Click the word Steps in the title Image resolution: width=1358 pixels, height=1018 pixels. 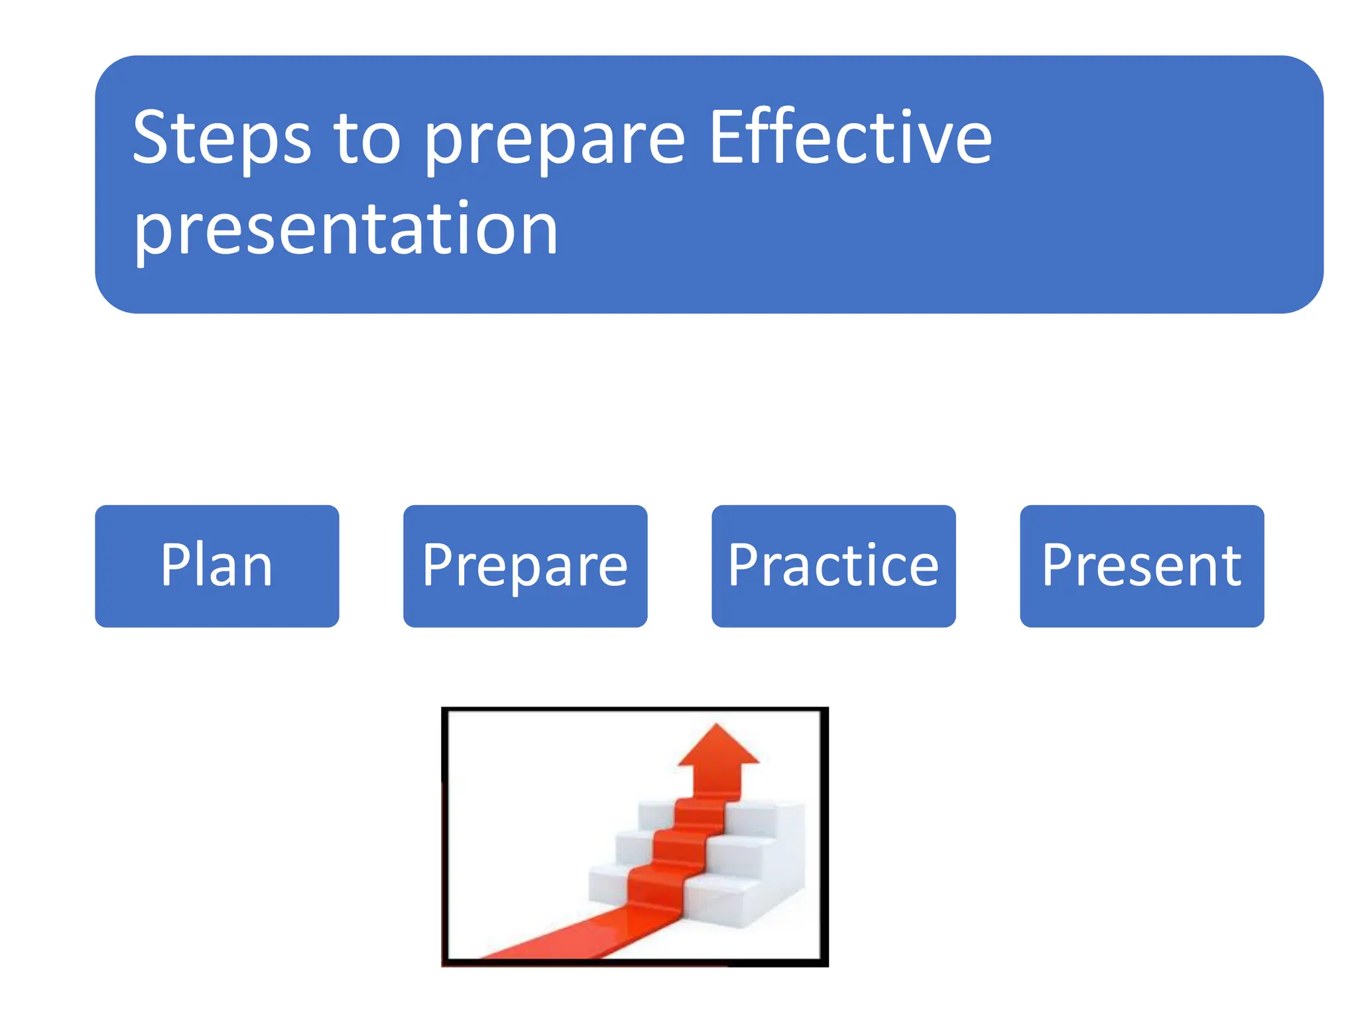[x=221, y=139]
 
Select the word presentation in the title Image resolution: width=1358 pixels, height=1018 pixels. [x=345, y=229]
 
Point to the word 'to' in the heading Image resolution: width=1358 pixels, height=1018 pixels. [x=367, y=139]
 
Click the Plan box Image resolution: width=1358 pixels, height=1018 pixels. [x=217, y=566]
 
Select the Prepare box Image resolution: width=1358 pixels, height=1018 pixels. [x=525, y=566]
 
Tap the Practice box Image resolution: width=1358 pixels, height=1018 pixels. [x=833, y=566]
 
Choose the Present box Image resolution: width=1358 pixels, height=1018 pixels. [x=1142, y=566]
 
